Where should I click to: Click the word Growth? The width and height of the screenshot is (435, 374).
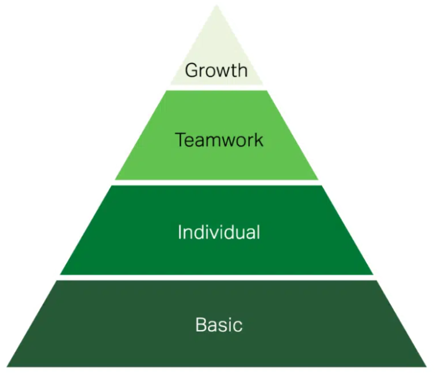[216, 70]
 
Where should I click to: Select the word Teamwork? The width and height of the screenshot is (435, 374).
[219, 140]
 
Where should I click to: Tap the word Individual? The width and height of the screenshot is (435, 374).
[219, 232]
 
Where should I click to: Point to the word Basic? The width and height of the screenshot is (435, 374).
[219, 324]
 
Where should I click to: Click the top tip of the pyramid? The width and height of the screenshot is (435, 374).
[217, 6]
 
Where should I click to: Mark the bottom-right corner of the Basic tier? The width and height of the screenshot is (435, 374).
[426, 366]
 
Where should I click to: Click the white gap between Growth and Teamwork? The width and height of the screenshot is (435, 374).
[217, 87]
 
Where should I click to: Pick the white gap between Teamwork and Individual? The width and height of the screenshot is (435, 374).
[217, 182]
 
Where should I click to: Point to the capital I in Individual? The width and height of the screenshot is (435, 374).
[180, 232]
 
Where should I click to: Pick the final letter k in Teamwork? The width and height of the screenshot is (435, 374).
[259, 140]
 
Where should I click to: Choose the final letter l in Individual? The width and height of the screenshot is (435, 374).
[257, 232]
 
